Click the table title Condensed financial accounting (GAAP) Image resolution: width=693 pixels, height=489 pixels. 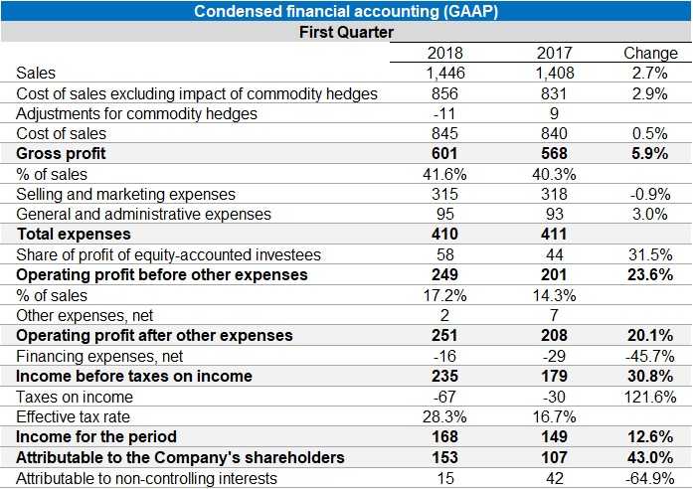point(346,11)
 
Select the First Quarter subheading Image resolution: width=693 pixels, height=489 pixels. point(346,32)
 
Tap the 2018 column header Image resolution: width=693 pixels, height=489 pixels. point(444,53)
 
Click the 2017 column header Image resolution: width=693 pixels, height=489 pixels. point(554,53)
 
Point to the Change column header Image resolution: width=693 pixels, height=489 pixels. point(650,53)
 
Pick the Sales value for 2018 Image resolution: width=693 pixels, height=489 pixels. point(444,73)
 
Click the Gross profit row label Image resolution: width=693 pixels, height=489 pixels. point(61,154)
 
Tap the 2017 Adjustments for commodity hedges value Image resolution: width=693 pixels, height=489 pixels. point(554,113)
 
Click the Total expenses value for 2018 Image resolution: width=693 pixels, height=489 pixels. point(444,235)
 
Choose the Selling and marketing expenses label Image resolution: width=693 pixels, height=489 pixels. point(126,194)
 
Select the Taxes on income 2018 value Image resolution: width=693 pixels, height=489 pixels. point(444,397)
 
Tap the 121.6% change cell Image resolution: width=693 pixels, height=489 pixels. point(649,397)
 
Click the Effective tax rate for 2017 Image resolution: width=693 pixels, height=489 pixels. point(554,416)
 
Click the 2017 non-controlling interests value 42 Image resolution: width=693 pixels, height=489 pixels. point(554,478)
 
